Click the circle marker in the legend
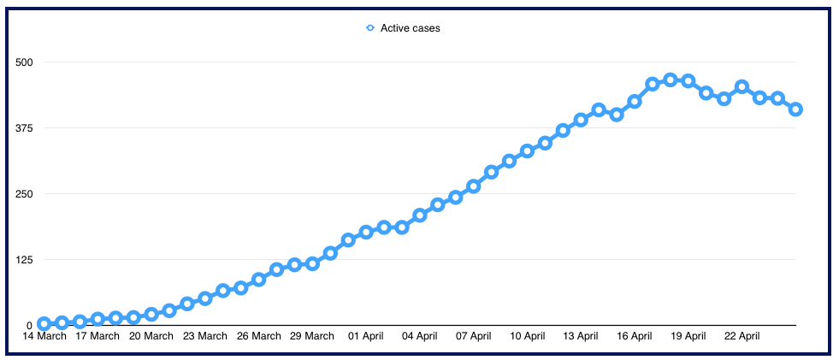click(369, 28)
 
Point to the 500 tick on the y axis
click(26, 62)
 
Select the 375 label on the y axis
click(26, 128)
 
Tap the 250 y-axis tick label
click(26, 194)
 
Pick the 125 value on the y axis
click(26, 260)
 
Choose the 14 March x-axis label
click(44, 336)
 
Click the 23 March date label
click(205, 336)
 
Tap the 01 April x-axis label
click(366, 336)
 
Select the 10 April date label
click(527, 336)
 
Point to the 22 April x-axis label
click(742, 336)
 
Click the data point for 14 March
click(44, 324)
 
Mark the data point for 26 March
click(258, 279)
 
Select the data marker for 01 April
click(366, 232)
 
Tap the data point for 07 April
click(473, 186)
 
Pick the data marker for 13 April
click(581, 120)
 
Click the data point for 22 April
click(742, 86)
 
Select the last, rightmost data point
click(795, 109)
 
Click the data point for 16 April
click(635, 102)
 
